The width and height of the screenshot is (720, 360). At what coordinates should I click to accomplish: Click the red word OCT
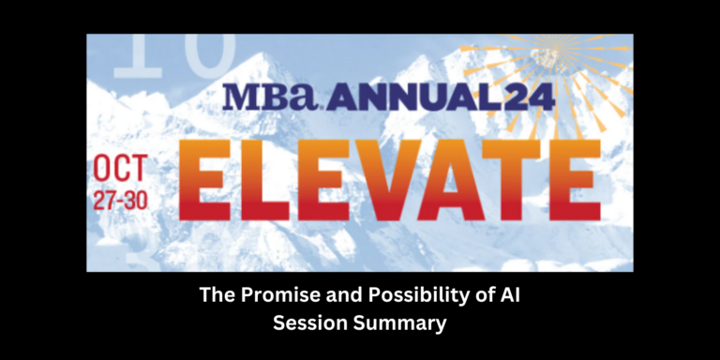tap(120, 171)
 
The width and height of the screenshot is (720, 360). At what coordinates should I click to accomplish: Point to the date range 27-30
tap(120, 201)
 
